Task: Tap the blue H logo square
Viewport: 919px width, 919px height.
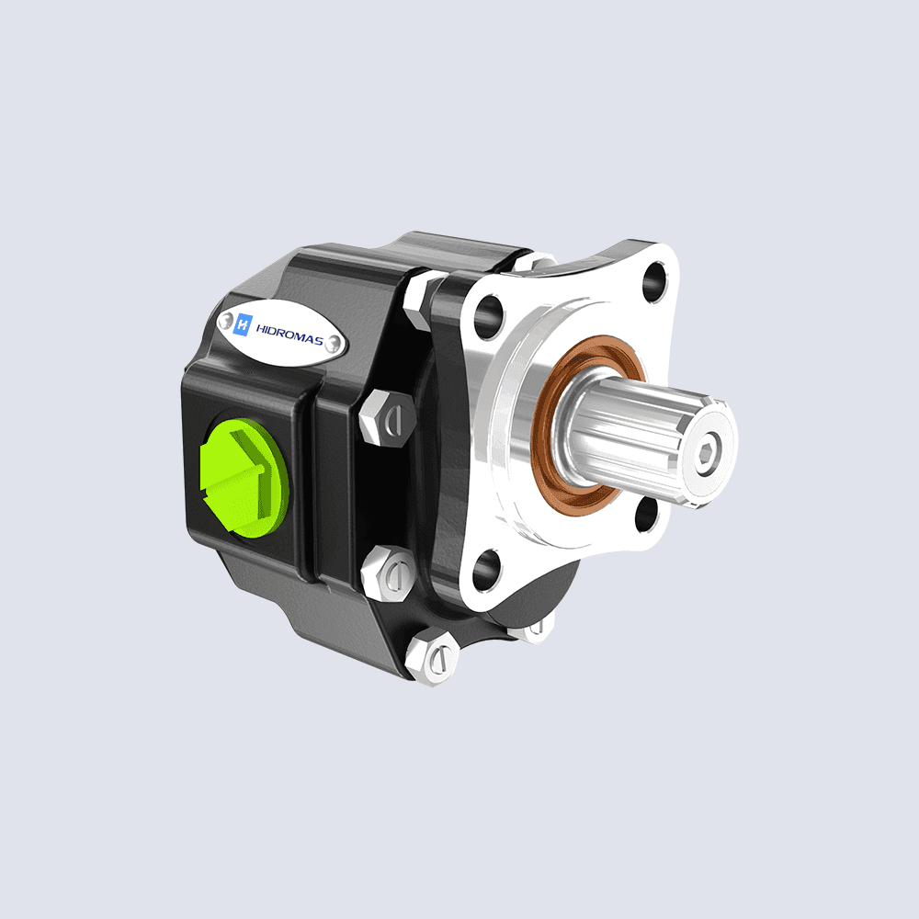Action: tap(244, 323)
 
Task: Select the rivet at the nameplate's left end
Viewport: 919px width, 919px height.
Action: tap(223, 318)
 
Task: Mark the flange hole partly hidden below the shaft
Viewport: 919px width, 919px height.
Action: tap(646, 515)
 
